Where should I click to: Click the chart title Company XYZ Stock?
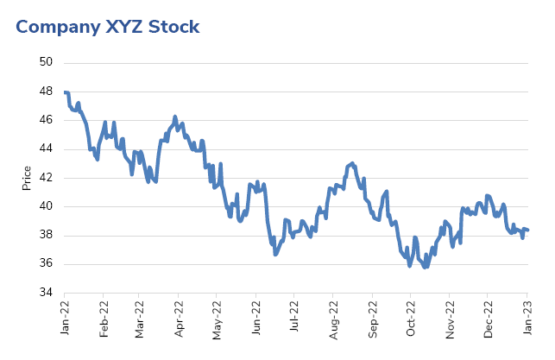pos(108,27)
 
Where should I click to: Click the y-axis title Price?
pos(26,178)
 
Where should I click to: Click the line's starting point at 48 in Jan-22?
pos(66,92)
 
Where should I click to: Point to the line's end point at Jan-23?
pos(527,230)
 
